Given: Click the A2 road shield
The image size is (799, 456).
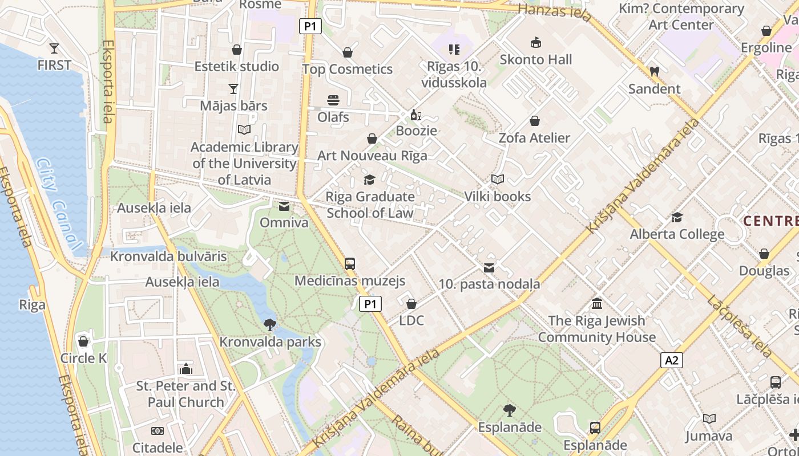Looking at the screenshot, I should pyautogui.click(x=672, y=360).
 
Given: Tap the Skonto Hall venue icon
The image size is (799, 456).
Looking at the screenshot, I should pyautogui.click(x=535, y=42).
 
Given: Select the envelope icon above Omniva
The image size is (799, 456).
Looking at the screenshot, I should pyautogui.click(x=284, y=206).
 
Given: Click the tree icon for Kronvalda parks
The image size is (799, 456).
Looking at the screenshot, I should pyautogui.click(x=270, y=325).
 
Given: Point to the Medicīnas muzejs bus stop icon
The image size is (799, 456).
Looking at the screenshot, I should pyautogui.click(x=350, y=263).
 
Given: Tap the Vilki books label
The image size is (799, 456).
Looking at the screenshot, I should pyautogui.click(x=497, y=197).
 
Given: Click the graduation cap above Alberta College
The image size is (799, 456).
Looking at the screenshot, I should pyautogui.click(x=677, y=217).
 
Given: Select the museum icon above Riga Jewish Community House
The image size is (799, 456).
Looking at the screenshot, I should pyautogui.click(x=597, y=303).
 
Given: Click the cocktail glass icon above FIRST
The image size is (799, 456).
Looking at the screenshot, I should pyautogui.click(x=54, y=48).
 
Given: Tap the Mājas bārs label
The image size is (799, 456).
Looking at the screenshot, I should pyautogui.click(x=233, y=105).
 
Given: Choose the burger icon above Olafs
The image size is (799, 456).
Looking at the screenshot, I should pyautogui.click(x=333, y=100).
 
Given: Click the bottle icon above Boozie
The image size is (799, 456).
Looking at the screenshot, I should pyautogui.click(x=416, y=115).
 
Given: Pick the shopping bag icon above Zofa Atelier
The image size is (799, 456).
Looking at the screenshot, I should pyautogui.click(x=535, y=121).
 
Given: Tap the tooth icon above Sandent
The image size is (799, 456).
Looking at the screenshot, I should pyautogui.click(x=654, y=72).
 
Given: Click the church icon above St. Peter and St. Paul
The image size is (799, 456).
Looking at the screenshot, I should pyautogui.click(x=185, y=369).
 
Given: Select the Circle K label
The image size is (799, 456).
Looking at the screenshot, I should pyautogui.click(x=84, y=358).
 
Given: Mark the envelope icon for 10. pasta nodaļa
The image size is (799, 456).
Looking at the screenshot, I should pyautogui.click(x=489, y=267).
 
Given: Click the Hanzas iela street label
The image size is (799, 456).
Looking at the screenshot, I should pyautogui.click(x=554, y=12).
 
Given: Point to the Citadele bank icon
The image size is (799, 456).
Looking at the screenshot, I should pyautogui.click(x=157, y=431).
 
